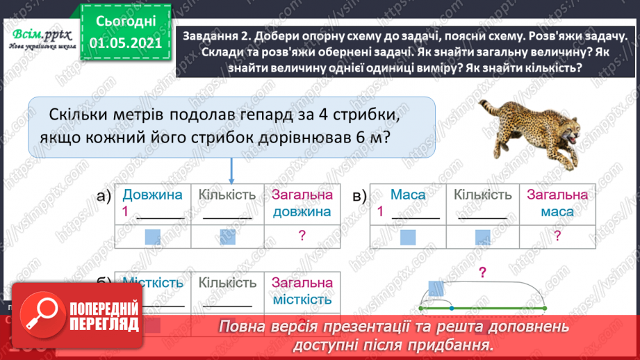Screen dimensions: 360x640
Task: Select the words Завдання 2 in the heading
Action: [x=216, y=37]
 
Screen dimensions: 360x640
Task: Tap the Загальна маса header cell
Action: [x=557, y=204]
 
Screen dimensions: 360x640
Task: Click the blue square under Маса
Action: [x=408, y=237]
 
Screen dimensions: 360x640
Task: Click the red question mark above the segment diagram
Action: [x=481, y=272]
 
